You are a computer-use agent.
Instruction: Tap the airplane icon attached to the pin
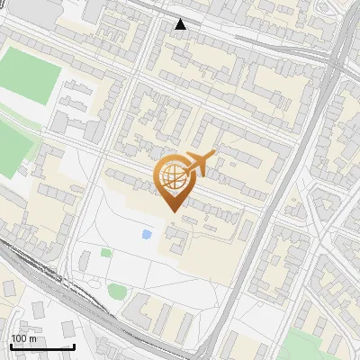coord(199,163)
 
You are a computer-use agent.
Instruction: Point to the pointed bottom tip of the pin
coord(171,211)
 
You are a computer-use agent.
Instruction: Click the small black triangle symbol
coord(181,24)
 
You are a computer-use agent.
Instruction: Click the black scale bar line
coord(42,346)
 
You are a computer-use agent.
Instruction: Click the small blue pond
coord(147,235)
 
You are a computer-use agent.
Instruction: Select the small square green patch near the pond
coord(106,253)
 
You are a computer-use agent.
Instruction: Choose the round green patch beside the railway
coord(117,290)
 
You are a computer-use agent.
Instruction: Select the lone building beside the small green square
coord(84,261)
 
